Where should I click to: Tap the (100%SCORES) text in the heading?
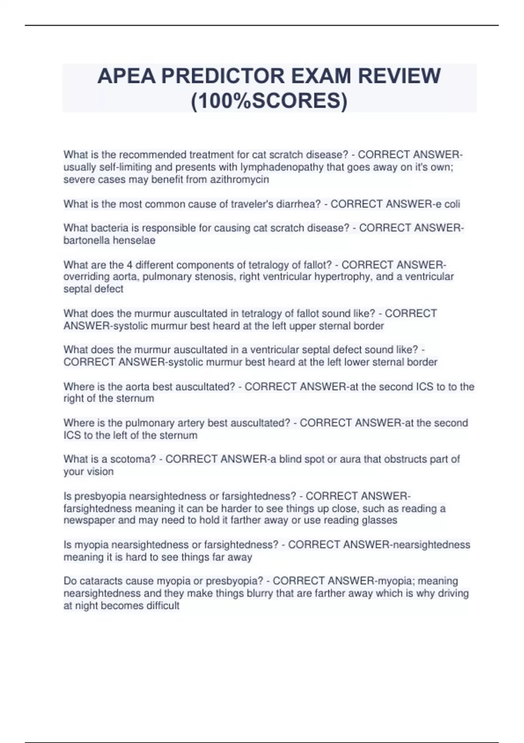pos(269,101)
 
